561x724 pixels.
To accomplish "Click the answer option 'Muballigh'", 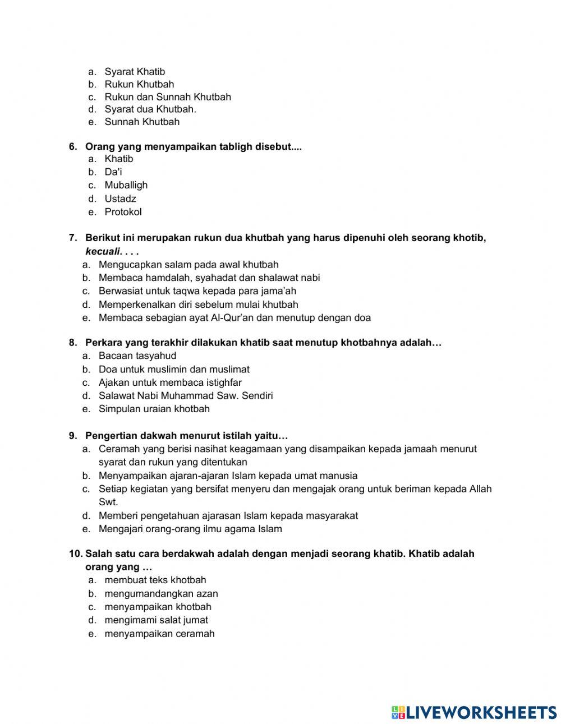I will tap(126, 185).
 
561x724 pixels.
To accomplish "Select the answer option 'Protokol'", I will tap(123, 212).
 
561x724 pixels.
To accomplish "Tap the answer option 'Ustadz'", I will tap(120, 199).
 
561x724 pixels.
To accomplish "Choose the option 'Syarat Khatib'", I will tap(135, 72).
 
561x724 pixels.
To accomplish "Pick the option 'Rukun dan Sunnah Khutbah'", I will tap(167, 97).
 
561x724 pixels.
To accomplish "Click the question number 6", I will tap(73, 147).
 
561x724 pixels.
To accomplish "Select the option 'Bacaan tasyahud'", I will tap(137, 356).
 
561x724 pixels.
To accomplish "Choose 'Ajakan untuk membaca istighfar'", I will tap(170, 382).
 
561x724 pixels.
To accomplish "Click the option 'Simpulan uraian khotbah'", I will tap(154, 409).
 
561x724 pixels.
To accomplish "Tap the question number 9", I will tap(73, 436).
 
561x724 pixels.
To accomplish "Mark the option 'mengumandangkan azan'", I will tap(161, 593).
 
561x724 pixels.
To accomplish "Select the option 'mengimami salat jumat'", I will tap(156, 620).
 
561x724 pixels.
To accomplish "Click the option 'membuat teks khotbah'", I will tap(155, 580).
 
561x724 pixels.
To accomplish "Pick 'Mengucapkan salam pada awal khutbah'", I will tap(188, 265).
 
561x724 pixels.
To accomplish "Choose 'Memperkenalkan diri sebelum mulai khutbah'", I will tap(198, 305).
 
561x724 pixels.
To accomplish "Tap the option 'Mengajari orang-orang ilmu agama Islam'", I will tap(190, 529).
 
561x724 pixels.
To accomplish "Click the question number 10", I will tap(76, 554).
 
